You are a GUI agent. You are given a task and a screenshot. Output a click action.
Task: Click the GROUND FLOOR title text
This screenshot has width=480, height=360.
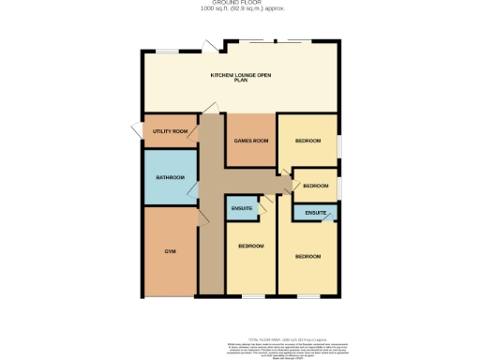(240, 3)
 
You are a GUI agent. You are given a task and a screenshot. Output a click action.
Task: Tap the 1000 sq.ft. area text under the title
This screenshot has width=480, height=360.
(240, 9)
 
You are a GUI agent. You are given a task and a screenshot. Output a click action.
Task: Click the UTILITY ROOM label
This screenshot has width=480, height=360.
(170, 131)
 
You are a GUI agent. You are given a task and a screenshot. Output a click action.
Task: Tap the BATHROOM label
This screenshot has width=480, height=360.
(170, 177)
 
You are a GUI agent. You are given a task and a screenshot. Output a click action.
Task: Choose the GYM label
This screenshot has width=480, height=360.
(170, 251)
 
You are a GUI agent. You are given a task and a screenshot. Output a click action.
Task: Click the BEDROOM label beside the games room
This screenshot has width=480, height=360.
(307, 141)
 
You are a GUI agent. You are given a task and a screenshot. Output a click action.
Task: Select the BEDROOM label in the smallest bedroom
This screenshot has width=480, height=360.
(315, 186)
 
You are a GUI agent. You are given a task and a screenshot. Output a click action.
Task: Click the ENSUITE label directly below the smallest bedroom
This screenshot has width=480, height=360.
(315, 214)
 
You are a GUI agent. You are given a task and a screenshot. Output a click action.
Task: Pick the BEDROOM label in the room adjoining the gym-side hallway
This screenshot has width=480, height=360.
(250, 246)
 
